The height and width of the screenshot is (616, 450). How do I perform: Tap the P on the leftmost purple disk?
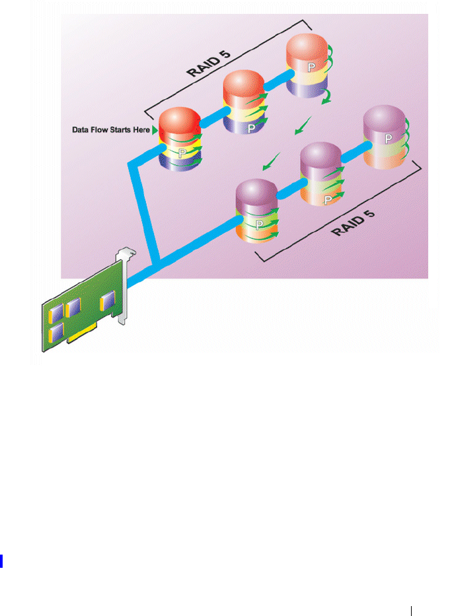pos(260,225)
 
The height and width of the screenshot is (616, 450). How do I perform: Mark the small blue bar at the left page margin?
pos(2,561)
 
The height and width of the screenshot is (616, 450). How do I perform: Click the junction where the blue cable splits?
pos(157,266)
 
